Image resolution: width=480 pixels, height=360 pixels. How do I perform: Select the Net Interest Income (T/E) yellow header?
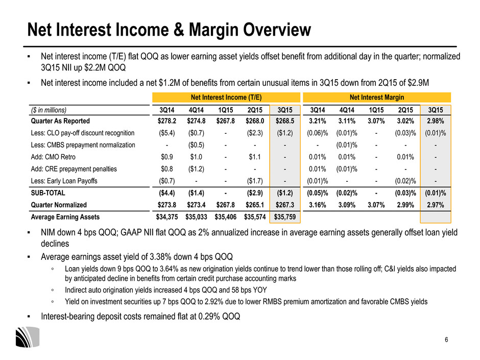click(x=226, y=98)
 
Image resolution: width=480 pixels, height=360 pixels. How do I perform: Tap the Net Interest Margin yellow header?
click(x=377, y=98)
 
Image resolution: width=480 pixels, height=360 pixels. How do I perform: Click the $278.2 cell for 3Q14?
click(x=167, y=121)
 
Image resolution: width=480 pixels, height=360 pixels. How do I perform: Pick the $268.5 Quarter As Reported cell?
click(x=285, y=121)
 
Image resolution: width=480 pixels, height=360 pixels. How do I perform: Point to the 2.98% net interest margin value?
click(x=435, y=121)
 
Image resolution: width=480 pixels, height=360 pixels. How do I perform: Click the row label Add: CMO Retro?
click(x=53, y=157)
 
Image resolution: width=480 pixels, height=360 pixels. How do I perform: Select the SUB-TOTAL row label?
click(x=48, y=193)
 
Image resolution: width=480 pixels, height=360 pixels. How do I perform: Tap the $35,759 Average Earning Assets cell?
click(x=285, y=217)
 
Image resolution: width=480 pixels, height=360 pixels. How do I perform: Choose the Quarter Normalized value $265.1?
click(x=255, y=205)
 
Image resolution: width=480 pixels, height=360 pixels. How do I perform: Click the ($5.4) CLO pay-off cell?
click(x=167, y=133)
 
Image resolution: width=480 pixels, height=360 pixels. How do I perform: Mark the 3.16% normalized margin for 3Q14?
click(x=318, y=205)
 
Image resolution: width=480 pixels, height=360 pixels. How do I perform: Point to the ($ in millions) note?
click(x=49, y=110)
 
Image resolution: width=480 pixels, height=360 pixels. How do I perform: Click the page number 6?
click(x=446, y=340)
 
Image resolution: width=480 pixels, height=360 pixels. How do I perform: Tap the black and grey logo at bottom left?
click(x=28, y=337)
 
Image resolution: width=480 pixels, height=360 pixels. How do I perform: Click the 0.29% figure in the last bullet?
click(x=209, y=316)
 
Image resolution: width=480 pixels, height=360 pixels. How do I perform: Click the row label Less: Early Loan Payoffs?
click(x=64, y=181)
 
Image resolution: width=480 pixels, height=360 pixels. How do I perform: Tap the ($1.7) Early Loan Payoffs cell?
click(x=255, y=181)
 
